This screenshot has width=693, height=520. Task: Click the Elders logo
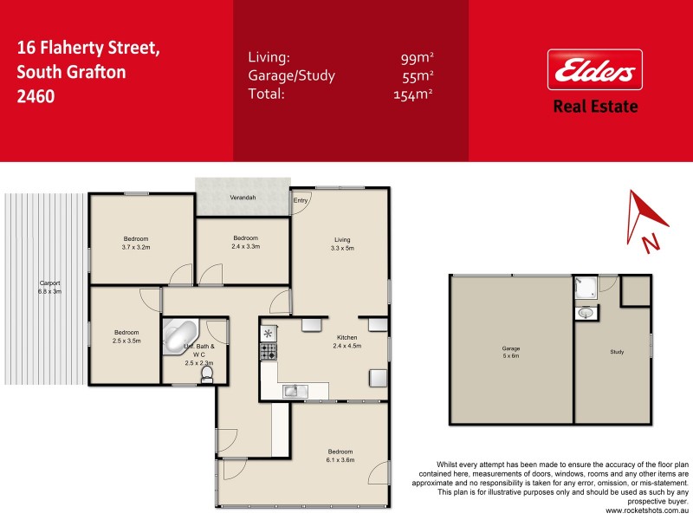coord(595,70)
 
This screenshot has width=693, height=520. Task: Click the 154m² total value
coord(412,94)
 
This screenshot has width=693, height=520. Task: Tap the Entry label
coord(301,201)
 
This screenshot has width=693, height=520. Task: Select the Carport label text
coord(49,287)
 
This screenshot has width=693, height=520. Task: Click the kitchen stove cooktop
coord(268,352)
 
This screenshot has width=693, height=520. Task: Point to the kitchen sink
coord(293,391)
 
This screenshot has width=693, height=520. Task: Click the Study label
coord(617,352)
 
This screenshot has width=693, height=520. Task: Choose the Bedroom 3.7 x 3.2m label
coord(136,243)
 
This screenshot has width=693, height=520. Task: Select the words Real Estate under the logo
coord(595,107)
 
